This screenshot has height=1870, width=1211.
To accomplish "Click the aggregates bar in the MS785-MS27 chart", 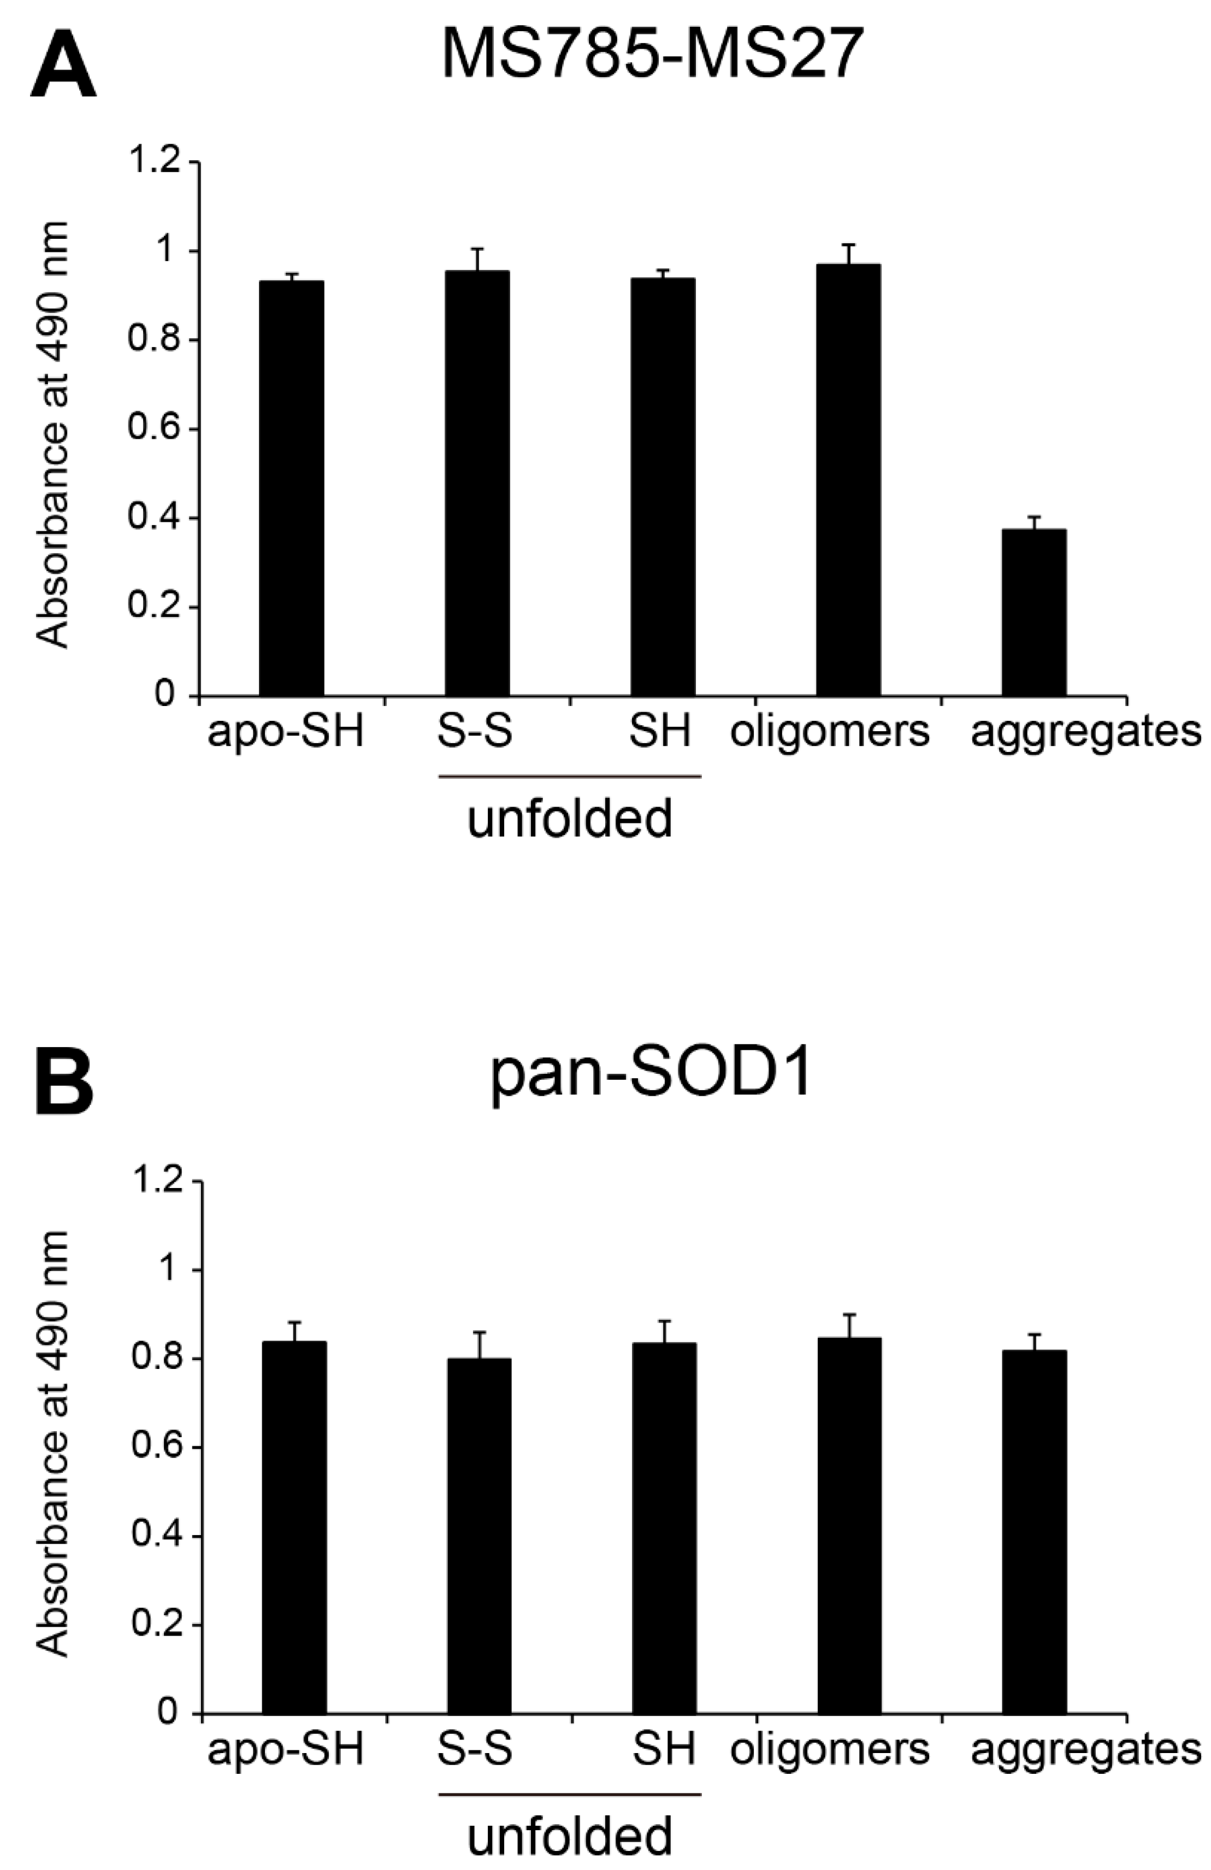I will [x=1033, y=612].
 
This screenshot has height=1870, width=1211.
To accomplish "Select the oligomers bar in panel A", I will [x=848, y=479].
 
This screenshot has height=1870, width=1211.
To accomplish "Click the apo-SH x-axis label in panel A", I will [x=286, y=731].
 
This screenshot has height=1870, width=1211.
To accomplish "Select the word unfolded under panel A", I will [x=570, y=819].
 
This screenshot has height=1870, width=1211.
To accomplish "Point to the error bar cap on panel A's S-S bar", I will [x=477, y=249].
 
